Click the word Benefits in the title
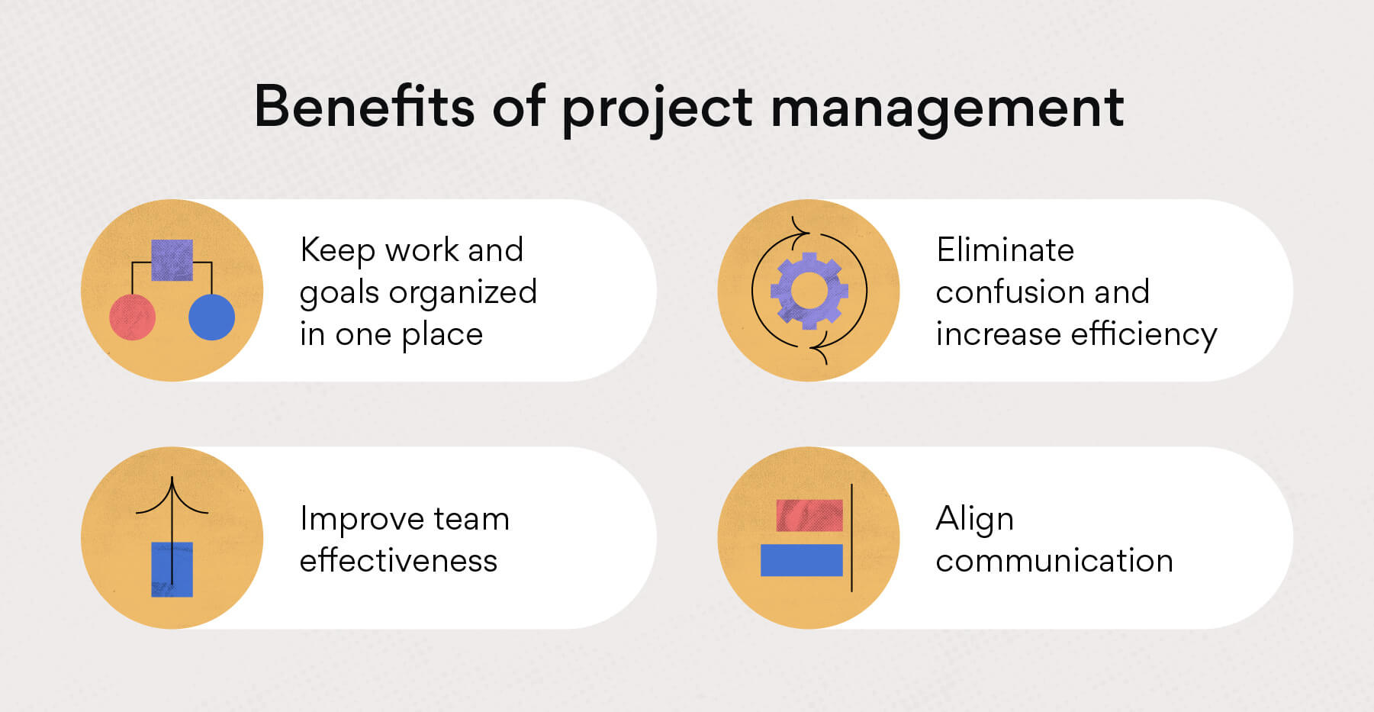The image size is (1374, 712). coord(364,106)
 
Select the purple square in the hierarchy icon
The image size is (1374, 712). coord(172,260)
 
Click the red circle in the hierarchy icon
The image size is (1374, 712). coord(133,317)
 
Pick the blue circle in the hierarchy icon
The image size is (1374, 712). coord(211,317)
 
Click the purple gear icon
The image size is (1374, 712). coord(809,291)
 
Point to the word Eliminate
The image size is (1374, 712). coord(1005,250)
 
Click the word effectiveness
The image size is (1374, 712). coord(398,561)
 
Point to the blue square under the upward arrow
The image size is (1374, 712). coord(172,569)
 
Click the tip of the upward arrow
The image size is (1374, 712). coord(172,478)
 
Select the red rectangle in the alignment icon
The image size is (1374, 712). coord(809,515)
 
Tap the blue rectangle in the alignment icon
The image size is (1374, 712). coord(802,560)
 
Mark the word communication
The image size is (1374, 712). coord(1054,561)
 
